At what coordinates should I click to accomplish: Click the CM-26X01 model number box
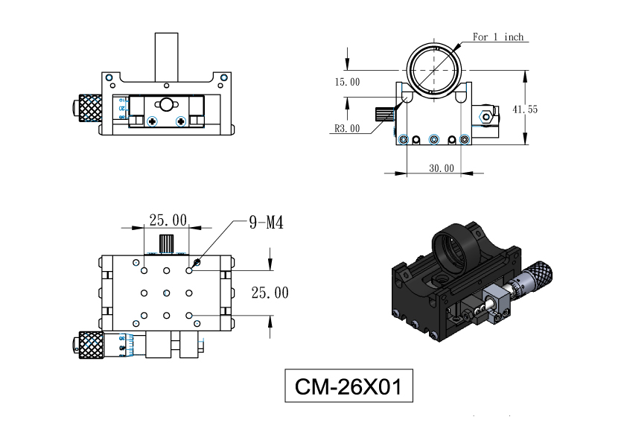pyautogui.click(x=348, y=386)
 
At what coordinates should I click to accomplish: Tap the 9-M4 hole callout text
pyautogui.click(x=266, y=223)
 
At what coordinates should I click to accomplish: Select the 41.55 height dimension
pyautogui.click(x=525, y=109)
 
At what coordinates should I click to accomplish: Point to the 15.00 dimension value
pyautogui.click(x=347, y=82)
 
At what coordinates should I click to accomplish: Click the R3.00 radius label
pyautogui.click(x=347, y=128)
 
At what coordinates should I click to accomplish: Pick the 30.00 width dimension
pyautogui.click(x=442, y=168)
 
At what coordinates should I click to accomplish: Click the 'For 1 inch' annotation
pyautogui.click(x=498, y=36)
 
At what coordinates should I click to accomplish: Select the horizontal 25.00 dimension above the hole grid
pyautogui.click(x=168, y=220)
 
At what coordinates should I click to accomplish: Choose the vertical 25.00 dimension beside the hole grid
pyautogui.click(x=270, y=293)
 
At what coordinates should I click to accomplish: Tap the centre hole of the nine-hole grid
pyautogui.click(x=166, y=293)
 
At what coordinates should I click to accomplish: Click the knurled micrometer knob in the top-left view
pyautogui.click(x=90, y=108)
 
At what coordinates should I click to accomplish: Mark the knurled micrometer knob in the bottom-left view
pyautogui.click(x=90, y=345)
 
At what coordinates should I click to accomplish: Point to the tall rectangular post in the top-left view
pyautogui.click(x=166, y=57)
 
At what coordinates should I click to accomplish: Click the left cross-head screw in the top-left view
pyautogui.click(x=152, y=121)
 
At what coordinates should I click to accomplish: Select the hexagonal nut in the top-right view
pyautogui.click(x=486, y=117)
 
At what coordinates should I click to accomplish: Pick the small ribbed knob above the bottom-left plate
pyautogui.click(x=166, y=243)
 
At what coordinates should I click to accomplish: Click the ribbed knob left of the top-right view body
pyautogui.click(x=385, y=115)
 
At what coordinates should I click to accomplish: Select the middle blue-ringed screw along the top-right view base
pyautogui.click(x=434, y=139)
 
